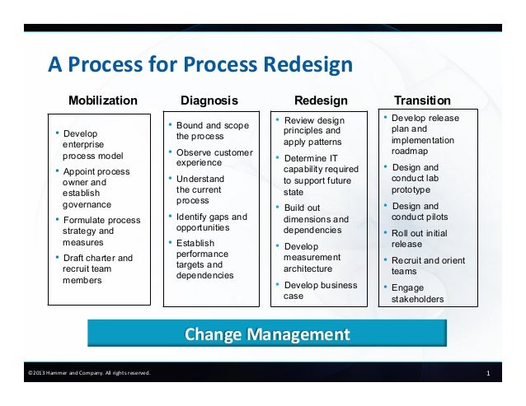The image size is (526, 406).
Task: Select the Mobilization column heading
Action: point(103,100)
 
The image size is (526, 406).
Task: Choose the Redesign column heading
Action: point(321,100)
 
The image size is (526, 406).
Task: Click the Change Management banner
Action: point(266,335)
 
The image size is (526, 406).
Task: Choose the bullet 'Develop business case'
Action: point(317,291)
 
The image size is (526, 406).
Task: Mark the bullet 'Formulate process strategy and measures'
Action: point(97,231)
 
